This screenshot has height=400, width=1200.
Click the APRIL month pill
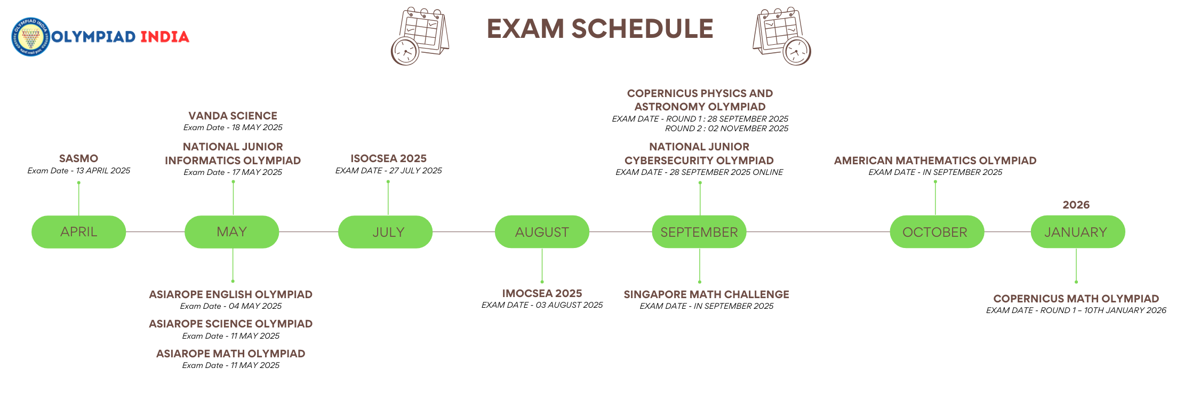79,232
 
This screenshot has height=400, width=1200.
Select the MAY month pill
232,232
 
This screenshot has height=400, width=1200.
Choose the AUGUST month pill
542,232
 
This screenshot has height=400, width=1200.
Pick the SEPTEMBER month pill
699,232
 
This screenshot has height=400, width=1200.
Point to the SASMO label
78,158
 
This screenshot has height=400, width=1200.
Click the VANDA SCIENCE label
233,116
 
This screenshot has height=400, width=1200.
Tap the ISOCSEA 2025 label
388,158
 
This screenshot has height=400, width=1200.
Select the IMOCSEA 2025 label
542,293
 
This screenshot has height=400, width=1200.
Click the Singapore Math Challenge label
706,294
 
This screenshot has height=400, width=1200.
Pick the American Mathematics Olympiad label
935,161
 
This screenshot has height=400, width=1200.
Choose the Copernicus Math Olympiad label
1076,299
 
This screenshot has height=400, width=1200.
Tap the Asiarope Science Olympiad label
230,324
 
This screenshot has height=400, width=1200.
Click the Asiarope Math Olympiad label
230,354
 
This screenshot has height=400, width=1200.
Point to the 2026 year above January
1076,205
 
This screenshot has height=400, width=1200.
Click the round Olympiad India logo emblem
31,37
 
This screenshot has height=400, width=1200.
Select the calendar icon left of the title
420,36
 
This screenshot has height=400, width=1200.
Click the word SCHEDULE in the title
642,29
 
